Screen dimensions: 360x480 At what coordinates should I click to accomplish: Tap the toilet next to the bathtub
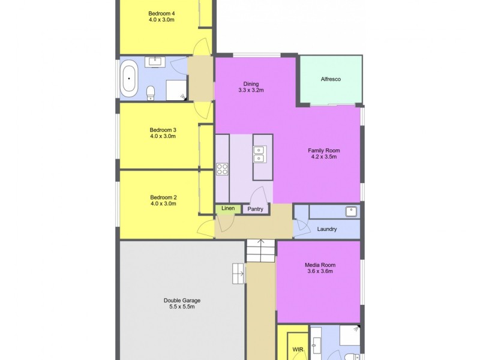pyautogui.click(x=151, y=92)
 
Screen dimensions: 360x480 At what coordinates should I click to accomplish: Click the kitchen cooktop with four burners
pyautogui.click(x=222, y=169)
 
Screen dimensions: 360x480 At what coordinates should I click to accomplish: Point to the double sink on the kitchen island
pyautogui.click(x=260, y=155)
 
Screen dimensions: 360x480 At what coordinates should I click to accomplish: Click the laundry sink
pyautogui.click(x=350, y=211)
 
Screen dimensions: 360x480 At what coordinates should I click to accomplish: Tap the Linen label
pyautogui.click(x=228, y=209)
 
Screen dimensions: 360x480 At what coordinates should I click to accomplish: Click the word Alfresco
pyautogui.click(x=331, y=79)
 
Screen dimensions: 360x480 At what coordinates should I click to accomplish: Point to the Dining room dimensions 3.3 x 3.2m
pyautogui.click(x=250, y=91)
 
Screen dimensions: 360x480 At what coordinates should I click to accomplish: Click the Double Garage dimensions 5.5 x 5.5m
pyautogui.click(x=182, y=307)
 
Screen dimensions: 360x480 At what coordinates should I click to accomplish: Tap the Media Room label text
pyautogui.click(x=319, y=265)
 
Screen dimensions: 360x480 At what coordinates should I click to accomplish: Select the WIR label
pyautogui.click(x=297, y=349)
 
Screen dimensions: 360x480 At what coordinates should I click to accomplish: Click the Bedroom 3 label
pyautogui.click(x=163, y=129)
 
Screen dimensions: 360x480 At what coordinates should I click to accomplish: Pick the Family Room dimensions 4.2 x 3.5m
pyautogui.click(x=323, y=157)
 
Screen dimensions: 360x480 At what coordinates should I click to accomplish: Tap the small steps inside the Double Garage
pyautogui.click(x=238, y=273)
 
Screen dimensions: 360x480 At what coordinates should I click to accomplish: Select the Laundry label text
pyautogui.click(x=326, y=229)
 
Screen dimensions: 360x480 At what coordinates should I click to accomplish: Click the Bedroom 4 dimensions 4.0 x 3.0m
pyautogui.click(x=162, y=20)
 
